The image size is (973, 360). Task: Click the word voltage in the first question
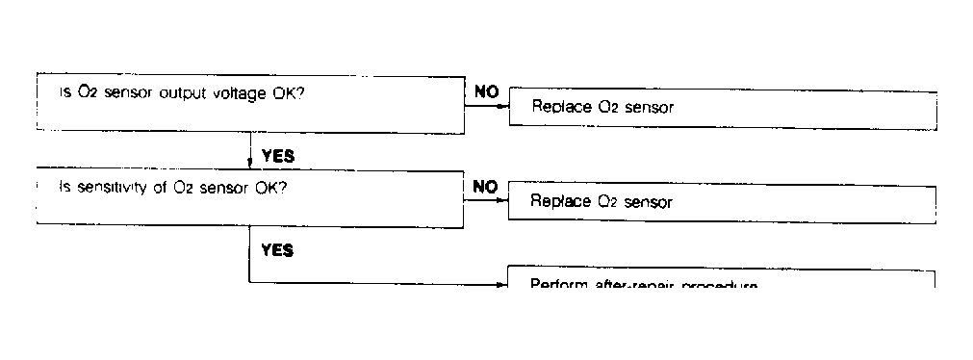click(249, 92)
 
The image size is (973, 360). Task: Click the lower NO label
click(486, 187)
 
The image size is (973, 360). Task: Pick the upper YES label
click(277, 155)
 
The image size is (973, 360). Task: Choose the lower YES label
click(277, 250)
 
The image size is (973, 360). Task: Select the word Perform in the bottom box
click(559, 285)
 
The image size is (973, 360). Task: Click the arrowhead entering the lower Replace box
click(503, 200)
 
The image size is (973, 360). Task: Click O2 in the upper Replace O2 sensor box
click(608, 108)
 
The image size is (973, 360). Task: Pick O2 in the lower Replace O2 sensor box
click(608, 202)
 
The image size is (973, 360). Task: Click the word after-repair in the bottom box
click(631, 285)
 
